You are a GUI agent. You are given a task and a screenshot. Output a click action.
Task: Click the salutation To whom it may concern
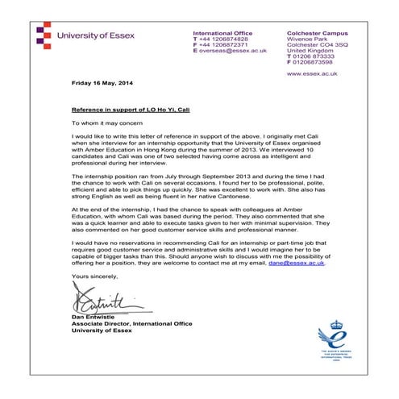102,124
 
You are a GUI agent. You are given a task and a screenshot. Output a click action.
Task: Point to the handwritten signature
101,306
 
